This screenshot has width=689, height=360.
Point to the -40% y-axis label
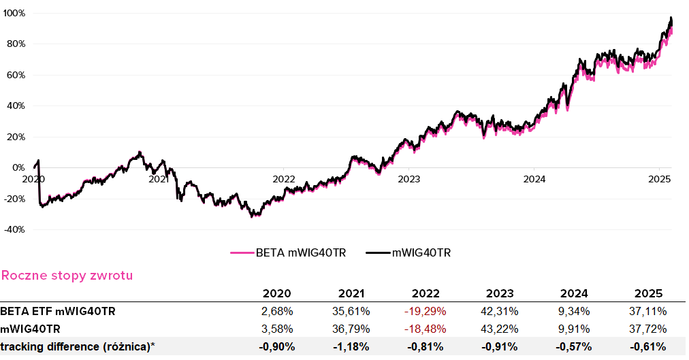coord(14,230)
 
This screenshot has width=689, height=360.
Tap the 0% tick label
coord(18,168)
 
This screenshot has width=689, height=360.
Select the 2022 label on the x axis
coord(284,180)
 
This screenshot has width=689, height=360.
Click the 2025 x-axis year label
coord(659,180)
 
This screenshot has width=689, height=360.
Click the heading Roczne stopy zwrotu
coord(67,276)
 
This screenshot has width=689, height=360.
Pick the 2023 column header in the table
coord(500,294)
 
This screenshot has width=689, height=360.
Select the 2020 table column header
coord(276,294)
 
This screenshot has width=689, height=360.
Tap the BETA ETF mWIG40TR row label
coord(59,312)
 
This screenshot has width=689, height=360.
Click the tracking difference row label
coord(78,346)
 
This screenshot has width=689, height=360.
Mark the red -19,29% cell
coord(426,312)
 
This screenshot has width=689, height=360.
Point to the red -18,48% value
coord(426,329)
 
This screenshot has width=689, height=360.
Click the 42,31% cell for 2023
coord(500,312)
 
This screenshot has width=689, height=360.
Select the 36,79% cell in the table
coord(351,329)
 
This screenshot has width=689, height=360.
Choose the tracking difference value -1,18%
coord(351,346)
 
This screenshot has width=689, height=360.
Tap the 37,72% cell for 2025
coord(648,329)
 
